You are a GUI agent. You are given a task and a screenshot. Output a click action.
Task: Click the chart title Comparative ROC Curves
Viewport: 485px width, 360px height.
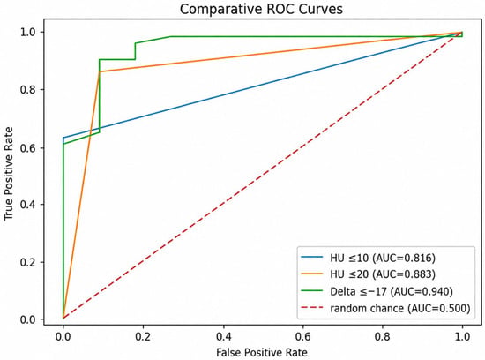(x=261, y=9)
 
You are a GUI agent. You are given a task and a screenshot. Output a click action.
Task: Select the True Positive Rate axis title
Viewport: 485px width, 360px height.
(x=9, y=174)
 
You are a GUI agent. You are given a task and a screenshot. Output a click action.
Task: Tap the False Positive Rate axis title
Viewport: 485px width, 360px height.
(x=262, y=353)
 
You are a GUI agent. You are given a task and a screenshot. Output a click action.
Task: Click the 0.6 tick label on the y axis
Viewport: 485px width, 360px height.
(x=28, y=147)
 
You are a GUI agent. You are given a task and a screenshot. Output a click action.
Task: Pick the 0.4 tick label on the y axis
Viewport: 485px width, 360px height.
(x=28, y=205)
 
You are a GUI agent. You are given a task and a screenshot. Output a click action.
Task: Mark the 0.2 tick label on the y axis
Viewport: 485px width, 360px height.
(x=28, y=262)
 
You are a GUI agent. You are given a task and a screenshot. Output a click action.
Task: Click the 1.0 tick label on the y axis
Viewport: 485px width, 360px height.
(x=28, y=32)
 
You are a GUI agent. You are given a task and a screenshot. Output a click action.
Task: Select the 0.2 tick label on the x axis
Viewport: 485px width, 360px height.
(x=143, y=336)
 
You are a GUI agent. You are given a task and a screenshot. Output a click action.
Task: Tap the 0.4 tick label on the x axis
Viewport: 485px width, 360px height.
(x=223, y=336)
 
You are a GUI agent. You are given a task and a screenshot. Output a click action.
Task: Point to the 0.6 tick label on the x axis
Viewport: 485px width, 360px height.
(x=302, y=336)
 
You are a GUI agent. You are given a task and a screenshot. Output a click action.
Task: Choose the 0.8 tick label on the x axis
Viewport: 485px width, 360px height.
(x=383, y=336)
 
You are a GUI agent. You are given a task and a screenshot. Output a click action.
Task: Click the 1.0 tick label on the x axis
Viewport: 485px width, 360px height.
(x=462, y=336)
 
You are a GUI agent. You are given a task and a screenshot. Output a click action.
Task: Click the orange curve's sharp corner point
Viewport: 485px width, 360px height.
(x=100, y=71)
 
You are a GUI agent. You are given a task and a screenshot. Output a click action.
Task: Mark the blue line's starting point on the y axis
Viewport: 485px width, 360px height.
(x=63, y=138)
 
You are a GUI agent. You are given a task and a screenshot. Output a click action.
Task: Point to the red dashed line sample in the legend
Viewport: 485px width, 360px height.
(x=312, y=308)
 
